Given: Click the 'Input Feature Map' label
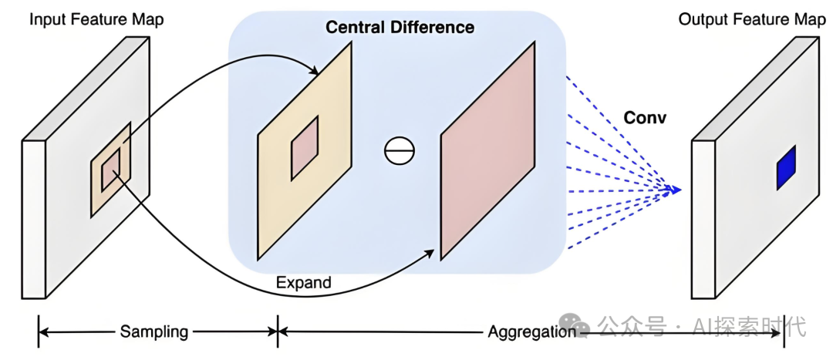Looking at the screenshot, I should coord(96,19).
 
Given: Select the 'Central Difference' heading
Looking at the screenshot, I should coord(400,28).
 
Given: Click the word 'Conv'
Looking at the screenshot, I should coord(644,119).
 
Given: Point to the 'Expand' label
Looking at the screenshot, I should coord(303,283).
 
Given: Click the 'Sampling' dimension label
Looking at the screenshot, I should coord(153,332).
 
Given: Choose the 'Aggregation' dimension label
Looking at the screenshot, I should coord(531,332).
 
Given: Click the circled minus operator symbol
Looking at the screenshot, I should coord(400,150).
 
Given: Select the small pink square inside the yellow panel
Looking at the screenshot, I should coord(304,148).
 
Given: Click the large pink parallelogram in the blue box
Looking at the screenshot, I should coord(487,150).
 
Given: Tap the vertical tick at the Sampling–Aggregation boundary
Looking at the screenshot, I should coord(278,332).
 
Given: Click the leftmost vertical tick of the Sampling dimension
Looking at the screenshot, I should coord(38,332).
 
